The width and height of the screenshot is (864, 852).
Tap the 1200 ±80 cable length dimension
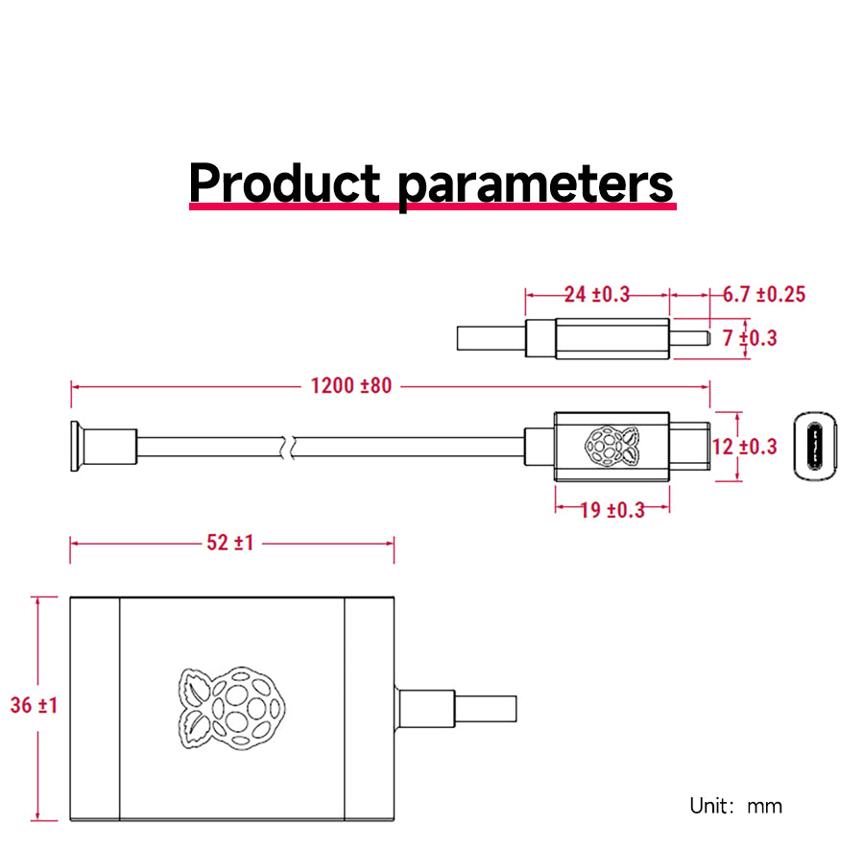point(351,386)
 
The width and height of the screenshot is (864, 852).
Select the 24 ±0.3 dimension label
point(596,294)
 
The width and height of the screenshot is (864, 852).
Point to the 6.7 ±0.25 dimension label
point(763,294)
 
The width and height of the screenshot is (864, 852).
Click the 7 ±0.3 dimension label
point(750,338)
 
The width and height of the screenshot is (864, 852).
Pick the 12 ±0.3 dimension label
point(745,447)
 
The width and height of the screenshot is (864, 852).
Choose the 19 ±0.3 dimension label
point(612,509)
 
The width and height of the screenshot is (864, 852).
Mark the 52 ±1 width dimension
point(230,543)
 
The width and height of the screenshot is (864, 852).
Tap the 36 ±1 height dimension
point(35,705)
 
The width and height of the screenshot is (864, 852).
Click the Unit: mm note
point(735,806)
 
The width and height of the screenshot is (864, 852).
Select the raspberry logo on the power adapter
point(231,706)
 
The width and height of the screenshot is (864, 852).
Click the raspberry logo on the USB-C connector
point(611,447)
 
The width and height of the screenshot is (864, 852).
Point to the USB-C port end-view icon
point(815,447)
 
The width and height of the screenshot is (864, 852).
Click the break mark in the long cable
point(288,447)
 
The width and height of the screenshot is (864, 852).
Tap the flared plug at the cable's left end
point(75,447)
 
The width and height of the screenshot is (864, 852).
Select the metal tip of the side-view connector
point(688,338)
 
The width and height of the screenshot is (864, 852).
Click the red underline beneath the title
point(432,206)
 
